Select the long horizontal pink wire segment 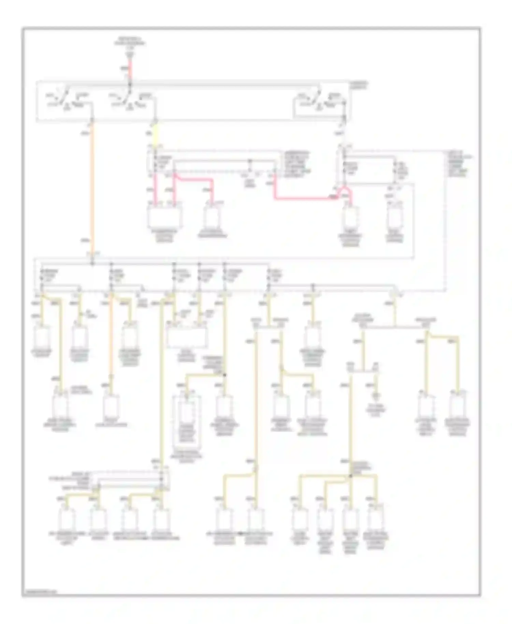point(304,198)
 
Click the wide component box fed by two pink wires point(165,216)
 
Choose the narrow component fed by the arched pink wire point(351,217)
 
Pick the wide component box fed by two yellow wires point(186,336)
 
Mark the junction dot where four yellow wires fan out point(350,476)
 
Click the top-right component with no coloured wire point(395,217)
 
